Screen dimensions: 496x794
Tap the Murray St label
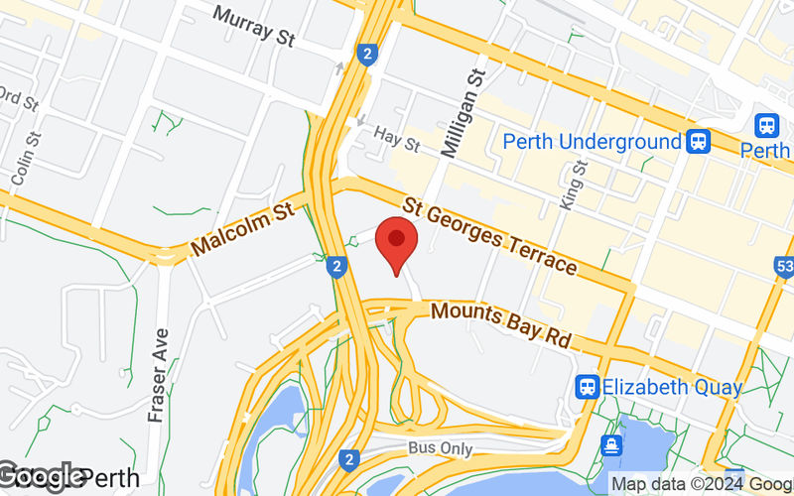click(x=254, y=27)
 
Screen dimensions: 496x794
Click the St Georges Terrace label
click(x=490, y=235)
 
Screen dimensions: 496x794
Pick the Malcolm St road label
click(x=244, y=227)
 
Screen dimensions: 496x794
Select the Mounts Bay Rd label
click(x=502, y=324)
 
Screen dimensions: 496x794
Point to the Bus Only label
click(x=440, y=448)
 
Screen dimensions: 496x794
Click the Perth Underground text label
click(x=592, y=142)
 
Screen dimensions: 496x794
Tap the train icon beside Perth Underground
click(x=699, y=142)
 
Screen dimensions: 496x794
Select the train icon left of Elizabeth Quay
click(x=588, y=387)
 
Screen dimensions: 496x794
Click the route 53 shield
click(x=784, y=268)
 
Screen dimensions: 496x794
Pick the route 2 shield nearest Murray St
click(x=368, y=54)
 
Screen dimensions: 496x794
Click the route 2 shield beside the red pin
click(x=338, y=266)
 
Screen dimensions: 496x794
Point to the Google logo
click(x=42, y=475)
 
